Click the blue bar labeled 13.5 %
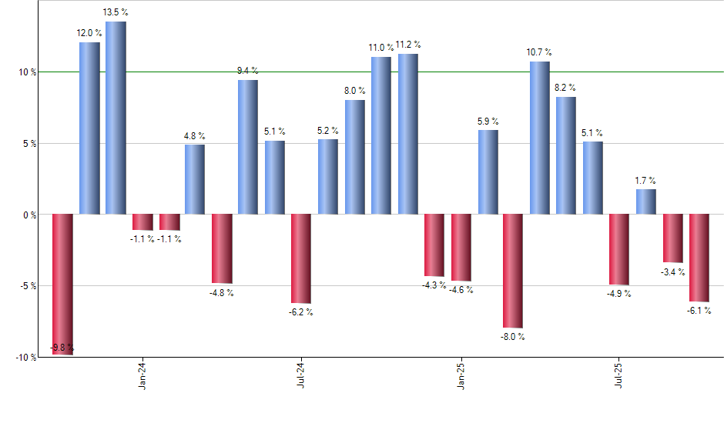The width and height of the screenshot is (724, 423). pyautogui.click(x=116, y=118)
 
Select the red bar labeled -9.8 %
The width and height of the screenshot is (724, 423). pyautogui.click(x=62, y=284)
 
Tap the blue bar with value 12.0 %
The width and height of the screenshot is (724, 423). pyautogui.click(x=89, y=128)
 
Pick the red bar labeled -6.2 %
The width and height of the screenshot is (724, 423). pyautogui.click(x=301, y=258)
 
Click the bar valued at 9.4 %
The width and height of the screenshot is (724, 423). pyautogui.click(x=248, y=147)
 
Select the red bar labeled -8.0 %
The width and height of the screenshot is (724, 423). pyautogui.click(x=513, y=271)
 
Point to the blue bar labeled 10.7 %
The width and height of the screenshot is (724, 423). pyautogui.click(x=540, y=138)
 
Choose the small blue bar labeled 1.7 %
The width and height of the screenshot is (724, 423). pyautogui.click(x=646, y=202)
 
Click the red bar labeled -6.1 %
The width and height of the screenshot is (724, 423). pyautogui.click(x=699, y=258)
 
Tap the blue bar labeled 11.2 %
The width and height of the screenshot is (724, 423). pyautogui.click(x=407, y=134)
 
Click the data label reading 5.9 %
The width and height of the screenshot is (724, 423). pyautogui.click(x=488, y=122)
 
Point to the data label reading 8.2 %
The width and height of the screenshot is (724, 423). pyautogui.click(x=566, y=88)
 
